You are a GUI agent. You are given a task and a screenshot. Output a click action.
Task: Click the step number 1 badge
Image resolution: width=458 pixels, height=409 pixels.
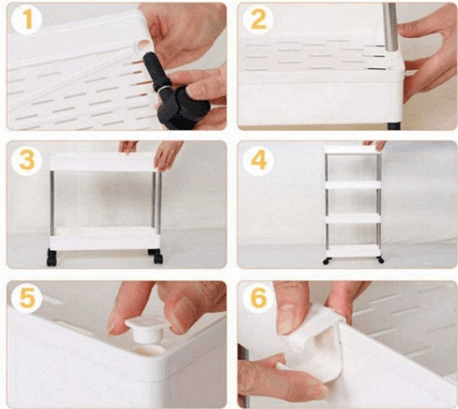click(26, 19)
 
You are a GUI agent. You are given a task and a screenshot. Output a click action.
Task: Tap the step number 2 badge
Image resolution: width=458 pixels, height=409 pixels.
click(258, 19)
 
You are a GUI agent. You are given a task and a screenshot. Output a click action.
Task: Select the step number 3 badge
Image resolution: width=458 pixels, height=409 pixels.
click(26, 160)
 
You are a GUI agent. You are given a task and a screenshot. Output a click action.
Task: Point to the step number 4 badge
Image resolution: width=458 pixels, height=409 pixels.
click(258, 160)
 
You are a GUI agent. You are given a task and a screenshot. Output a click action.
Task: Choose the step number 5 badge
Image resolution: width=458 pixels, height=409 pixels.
click(26, 298)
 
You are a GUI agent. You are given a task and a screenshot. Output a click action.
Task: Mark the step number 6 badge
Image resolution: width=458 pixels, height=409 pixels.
click(258, 298)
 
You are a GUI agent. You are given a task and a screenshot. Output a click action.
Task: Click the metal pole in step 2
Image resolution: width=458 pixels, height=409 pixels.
click(390, 27)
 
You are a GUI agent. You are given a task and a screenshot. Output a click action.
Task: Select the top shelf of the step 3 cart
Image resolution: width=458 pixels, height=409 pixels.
click(102, 162)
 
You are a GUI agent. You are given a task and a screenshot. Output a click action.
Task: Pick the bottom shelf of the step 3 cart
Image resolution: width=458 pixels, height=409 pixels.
click(104, 238)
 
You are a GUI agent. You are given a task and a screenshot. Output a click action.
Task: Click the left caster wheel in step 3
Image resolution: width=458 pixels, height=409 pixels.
click(52, 258)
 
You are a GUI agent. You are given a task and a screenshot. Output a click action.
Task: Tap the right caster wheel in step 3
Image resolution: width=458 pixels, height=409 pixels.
click(156, 256)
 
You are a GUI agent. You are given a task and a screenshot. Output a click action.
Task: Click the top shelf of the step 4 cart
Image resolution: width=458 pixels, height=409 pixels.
click(352, 150)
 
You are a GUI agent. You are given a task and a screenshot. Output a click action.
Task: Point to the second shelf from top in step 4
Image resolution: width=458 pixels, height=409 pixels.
click(353, 185)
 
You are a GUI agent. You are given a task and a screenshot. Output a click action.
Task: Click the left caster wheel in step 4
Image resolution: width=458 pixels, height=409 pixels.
click(326, 261)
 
